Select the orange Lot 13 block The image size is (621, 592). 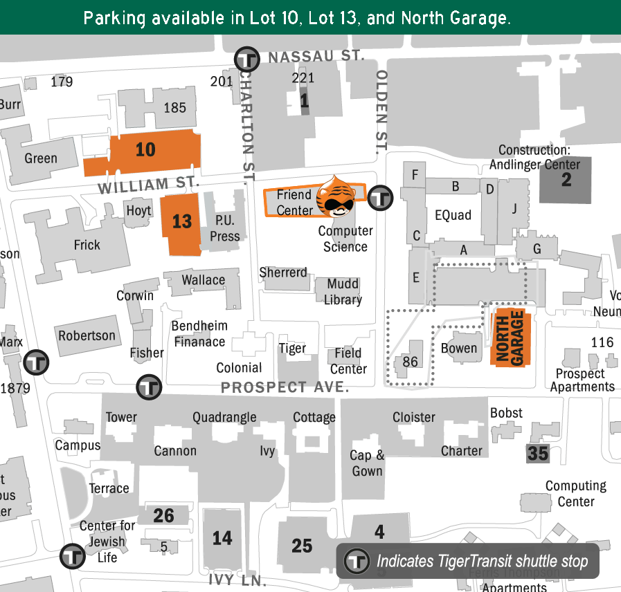(x=181, y=222)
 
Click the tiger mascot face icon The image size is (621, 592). (x=335, y=198)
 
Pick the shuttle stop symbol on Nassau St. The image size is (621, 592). (x=247, y=59)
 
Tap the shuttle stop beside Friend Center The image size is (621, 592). (x=379, y=198)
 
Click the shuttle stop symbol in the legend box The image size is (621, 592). (x=357, y=561)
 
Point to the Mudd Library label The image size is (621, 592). (x=343, y=292)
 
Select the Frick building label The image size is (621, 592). (x=87, y=245)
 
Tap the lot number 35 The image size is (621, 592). (x=538, y=454)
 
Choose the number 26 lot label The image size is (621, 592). (x=163, y=515)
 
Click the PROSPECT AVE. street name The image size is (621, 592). (x=285, y=387)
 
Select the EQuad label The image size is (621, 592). (x=453, y=216)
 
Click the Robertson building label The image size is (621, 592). (x=87, y=336)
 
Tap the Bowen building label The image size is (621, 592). (x=459, y=349)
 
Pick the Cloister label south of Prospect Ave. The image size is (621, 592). (x=414, y=417)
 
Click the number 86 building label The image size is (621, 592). (x=410, y=361)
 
